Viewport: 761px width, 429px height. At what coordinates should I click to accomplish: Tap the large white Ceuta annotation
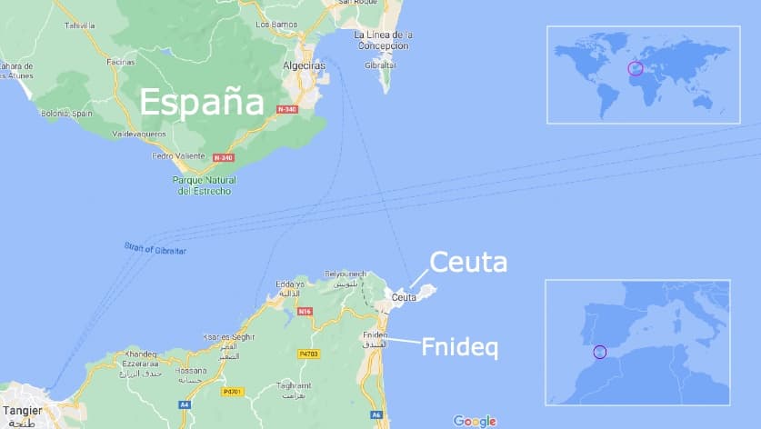467,263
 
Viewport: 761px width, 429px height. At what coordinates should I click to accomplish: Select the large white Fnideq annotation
459,347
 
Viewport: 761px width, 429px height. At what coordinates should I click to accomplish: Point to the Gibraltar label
380,66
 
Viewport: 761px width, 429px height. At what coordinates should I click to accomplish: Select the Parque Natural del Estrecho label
204,185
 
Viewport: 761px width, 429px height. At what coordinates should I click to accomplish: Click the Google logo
475,420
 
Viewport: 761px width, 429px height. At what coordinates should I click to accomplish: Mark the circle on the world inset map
636,68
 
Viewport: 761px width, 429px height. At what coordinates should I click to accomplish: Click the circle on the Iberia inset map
598,352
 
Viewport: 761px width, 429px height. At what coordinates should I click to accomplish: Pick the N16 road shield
304,311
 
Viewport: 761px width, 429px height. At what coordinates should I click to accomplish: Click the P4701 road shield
233,392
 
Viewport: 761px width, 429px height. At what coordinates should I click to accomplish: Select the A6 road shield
376,414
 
